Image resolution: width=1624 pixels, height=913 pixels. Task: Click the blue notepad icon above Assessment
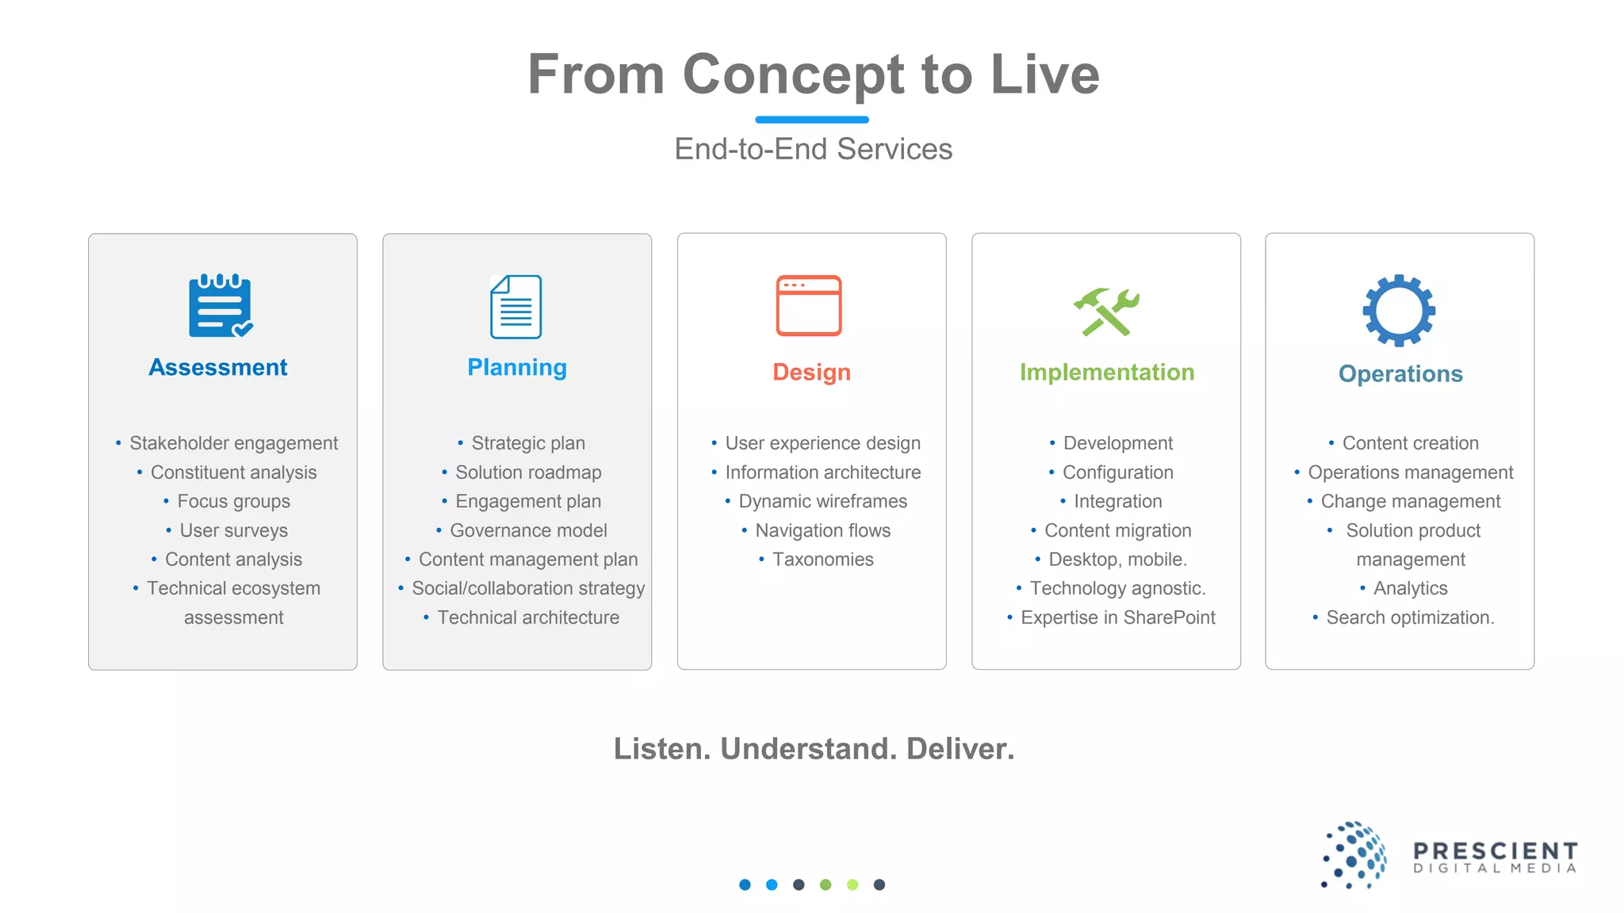(220, 306)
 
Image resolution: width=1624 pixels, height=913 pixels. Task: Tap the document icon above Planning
(516, 307)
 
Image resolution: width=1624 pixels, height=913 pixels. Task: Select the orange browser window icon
(808, 306)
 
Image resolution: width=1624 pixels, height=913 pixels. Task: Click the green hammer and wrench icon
(1106, 311)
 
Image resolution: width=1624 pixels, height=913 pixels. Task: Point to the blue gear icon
(1399, 311)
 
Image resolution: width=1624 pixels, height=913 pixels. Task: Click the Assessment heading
(218, 368)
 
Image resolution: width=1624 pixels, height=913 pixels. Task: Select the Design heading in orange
(811, 372)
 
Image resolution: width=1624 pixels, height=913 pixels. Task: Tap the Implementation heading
(1107, 372)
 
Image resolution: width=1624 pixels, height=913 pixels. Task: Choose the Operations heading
(1400, 374)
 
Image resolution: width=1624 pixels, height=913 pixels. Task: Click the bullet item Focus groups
(233, 502)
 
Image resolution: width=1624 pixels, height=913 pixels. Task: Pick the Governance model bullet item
(528, 531)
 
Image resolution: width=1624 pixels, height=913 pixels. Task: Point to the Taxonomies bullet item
(822, 560)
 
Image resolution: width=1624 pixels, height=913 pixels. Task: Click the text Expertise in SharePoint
(1117, 618)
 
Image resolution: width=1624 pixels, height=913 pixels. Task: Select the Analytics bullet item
(1410, 589)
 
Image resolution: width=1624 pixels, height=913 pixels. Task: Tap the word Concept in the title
(793, 75)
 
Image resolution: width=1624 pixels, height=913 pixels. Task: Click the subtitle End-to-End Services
(813, 149)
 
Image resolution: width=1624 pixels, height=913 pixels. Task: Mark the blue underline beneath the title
(811, 120)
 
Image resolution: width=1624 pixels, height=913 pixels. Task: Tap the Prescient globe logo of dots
(1354, 855)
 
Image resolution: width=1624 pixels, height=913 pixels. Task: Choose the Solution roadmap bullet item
(528, 473)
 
